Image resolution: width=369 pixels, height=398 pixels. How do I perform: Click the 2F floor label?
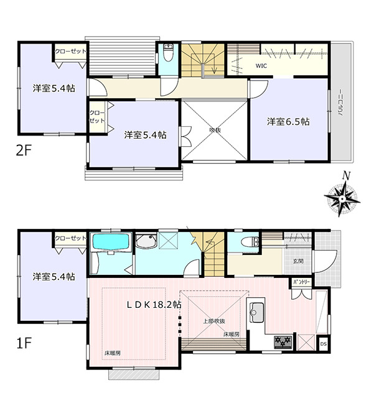click(x=24, y=151)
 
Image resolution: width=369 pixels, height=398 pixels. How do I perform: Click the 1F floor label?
click(x=24, y=343)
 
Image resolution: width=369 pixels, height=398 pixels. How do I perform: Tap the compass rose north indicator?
click(x=345, y=175)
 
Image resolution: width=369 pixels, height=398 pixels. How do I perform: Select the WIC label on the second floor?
click(x=261, y=66)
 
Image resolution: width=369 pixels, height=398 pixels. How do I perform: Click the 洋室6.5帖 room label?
click(x=288, y=122)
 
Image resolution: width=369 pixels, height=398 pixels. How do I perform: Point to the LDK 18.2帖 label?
click(x=154, y=305)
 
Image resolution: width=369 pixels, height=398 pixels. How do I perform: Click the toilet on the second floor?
click(x=167, y=52)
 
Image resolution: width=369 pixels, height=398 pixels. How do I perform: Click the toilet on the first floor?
click(x=250, y=242)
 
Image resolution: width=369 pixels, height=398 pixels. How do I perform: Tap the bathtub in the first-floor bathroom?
click(x=111, y=242)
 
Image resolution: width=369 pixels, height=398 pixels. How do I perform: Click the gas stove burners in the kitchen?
click(x=283, y=341)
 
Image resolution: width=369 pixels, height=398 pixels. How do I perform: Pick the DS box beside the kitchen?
click(x=324, y=344)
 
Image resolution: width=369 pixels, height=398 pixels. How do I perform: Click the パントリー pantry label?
click(x=301, y=282)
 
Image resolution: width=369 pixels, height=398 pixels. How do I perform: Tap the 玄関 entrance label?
click(x=298, y=261)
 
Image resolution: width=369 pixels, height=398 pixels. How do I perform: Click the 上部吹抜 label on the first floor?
click(x=214, y=321)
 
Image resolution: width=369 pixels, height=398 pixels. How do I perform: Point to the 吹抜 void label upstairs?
click(x=215, y=130)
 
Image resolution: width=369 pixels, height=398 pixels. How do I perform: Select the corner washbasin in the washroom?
click(x=146, y=241)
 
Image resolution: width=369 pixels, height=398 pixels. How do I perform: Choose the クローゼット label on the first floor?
click(x=71, y=238)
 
